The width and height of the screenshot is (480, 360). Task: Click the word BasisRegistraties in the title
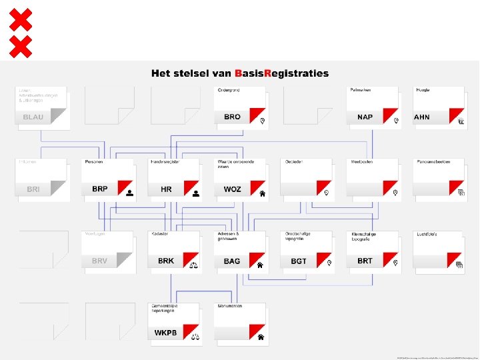281,73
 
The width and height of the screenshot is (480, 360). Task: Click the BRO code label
232,117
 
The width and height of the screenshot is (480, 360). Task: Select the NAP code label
365,117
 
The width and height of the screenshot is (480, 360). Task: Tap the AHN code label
422,117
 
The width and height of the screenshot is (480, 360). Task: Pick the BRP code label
99,189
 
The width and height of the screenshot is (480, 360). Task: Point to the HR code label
166,189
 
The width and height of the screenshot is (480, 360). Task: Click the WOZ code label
232,189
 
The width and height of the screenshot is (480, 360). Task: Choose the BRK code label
166,261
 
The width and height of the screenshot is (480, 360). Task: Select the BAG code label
232,261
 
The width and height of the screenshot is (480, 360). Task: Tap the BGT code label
299,261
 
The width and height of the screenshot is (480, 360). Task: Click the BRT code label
365,261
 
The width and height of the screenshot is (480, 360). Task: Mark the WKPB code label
166,332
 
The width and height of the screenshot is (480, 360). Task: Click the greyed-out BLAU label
33,117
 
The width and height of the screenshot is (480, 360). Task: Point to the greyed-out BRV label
99,261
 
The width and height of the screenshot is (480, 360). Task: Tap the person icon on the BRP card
129,193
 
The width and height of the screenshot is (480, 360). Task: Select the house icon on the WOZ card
262,193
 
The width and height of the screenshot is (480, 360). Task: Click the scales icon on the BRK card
195,265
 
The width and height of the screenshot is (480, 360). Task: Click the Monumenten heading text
231,305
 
